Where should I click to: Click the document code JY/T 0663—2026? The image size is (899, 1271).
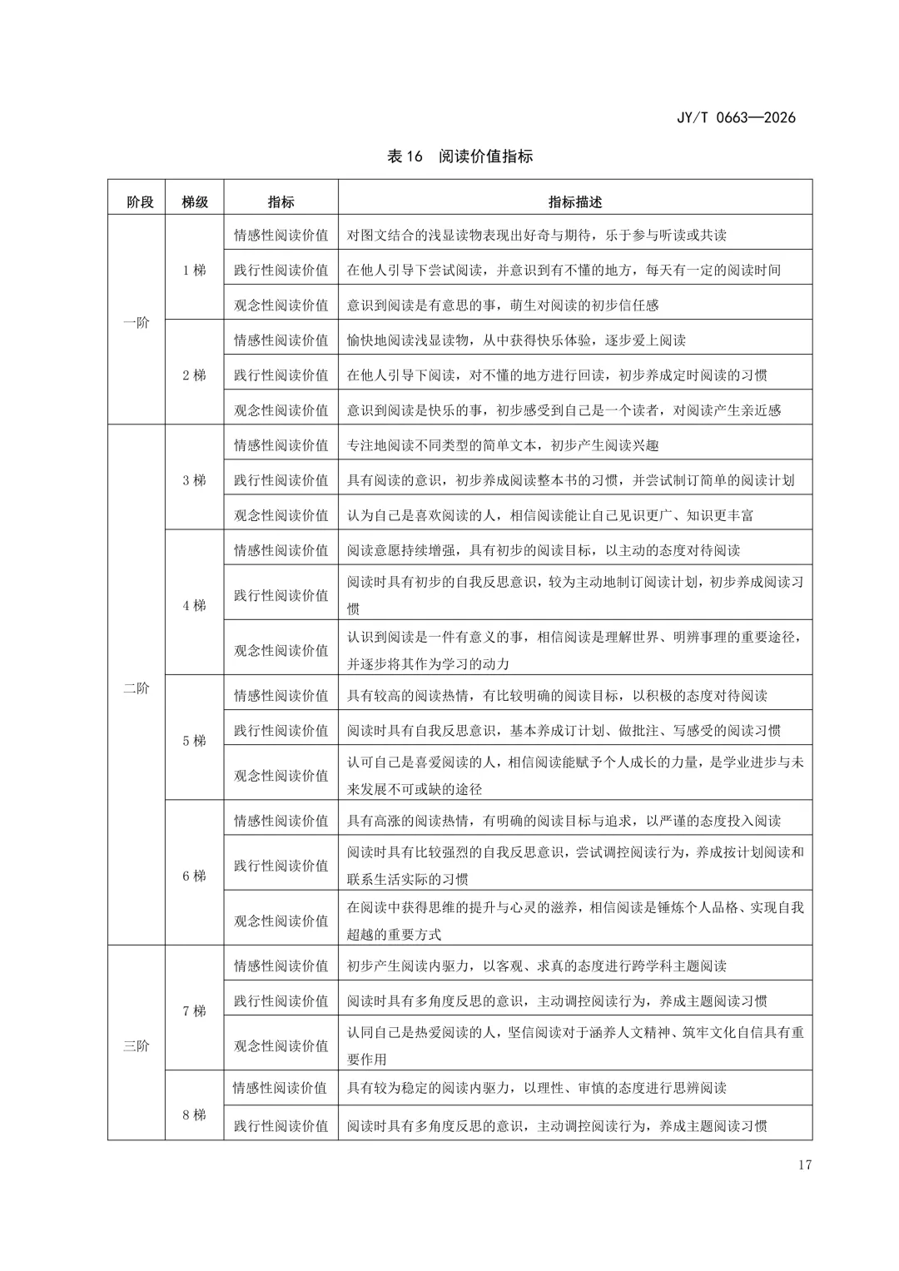click(736, 117)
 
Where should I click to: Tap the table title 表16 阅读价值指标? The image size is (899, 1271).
click(460, 156)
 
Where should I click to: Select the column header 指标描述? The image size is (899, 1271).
click(574, 202)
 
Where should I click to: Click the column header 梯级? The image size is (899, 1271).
click(195, 202)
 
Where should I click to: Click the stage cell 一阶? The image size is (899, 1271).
click(137, 322)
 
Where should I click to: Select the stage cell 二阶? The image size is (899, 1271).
click(137, 688)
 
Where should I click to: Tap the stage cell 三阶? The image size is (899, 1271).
click(137, 1045)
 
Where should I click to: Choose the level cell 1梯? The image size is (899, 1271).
click(194, 271)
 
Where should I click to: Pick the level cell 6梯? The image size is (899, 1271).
click(194, 876)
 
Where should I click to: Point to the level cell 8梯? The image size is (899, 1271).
click(194, 1115)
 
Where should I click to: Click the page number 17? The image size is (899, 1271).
click(803, 1164)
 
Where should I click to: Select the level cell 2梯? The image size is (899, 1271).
click(194, 375)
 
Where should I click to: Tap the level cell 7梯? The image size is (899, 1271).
click(194, 1011)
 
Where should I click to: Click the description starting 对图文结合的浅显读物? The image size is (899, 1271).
click(536, 236)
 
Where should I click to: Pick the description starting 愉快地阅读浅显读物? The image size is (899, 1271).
click(516, 340)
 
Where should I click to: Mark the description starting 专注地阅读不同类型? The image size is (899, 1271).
click(503, 445)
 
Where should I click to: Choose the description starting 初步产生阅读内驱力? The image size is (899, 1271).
click(536, 966)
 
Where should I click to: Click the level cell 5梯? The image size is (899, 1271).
click(194, 741)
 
